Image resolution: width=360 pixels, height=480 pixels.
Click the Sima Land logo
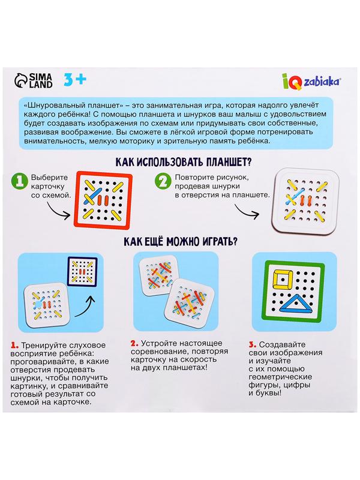click(33, 81)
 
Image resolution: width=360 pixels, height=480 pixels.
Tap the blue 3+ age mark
click(75, 80)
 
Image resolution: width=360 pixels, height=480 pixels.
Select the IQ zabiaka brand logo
click(311, 82)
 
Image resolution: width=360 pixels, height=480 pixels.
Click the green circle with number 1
click(20, 182)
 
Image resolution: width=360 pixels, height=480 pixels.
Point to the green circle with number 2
click(163, 181)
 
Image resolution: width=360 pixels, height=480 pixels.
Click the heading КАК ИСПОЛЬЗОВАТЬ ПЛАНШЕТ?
click(183, 161)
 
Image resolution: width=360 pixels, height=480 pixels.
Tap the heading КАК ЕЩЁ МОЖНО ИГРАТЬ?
click(181, 242)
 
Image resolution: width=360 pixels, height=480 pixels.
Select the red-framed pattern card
click(103, 200)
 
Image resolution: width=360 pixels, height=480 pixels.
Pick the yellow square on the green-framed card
click(282, 279)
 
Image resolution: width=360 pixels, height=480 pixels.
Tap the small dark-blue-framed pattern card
click(83, 272)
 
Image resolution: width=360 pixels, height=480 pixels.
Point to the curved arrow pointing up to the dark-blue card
click(86, 308)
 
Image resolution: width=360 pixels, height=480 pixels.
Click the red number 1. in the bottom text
click(14, 346)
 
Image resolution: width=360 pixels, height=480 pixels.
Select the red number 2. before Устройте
click(134, 343)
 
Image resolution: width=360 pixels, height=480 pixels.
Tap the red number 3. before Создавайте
click(253, 344)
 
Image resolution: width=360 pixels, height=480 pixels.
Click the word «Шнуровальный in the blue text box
click(47, 106)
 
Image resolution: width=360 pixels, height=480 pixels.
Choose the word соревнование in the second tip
click(152, 352)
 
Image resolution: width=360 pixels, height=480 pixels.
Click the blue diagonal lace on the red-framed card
click(92, 196)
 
